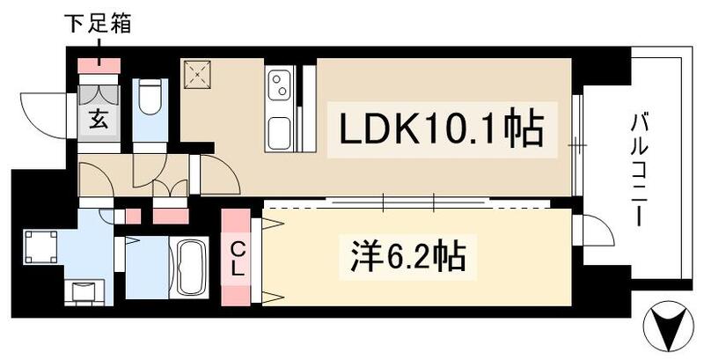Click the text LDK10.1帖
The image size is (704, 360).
443,130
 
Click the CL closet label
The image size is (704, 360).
237,256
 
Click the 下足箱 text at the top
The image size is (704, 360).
98,26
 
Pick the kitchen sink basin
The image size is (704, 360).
279,133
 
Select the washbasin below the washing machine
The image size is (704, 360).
85,290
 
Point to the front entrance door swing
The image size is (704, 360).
46,113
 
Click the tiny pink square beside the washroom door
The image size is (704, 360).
133,216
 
